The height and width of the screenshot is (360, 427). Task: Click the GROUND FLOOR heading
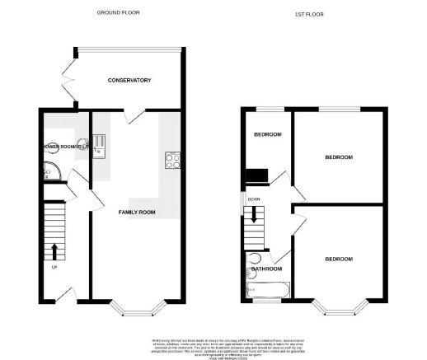tap(117, 13)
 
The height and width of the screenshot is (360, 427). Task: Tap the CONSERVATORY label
tap(130, 80)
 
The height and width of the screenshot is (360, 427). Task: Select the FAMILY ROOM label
tap(137, 212)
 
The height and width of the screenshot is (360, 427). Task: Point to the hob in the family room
tap(173, 161)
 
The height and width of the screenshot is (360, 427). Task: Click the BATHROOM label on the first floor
tap(266, 269)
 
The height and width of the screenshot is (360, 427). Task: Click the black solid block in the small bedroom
tap(257, 175)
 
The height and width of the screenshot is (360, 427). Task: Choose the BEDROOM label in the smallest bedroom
tap(267, 134)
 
